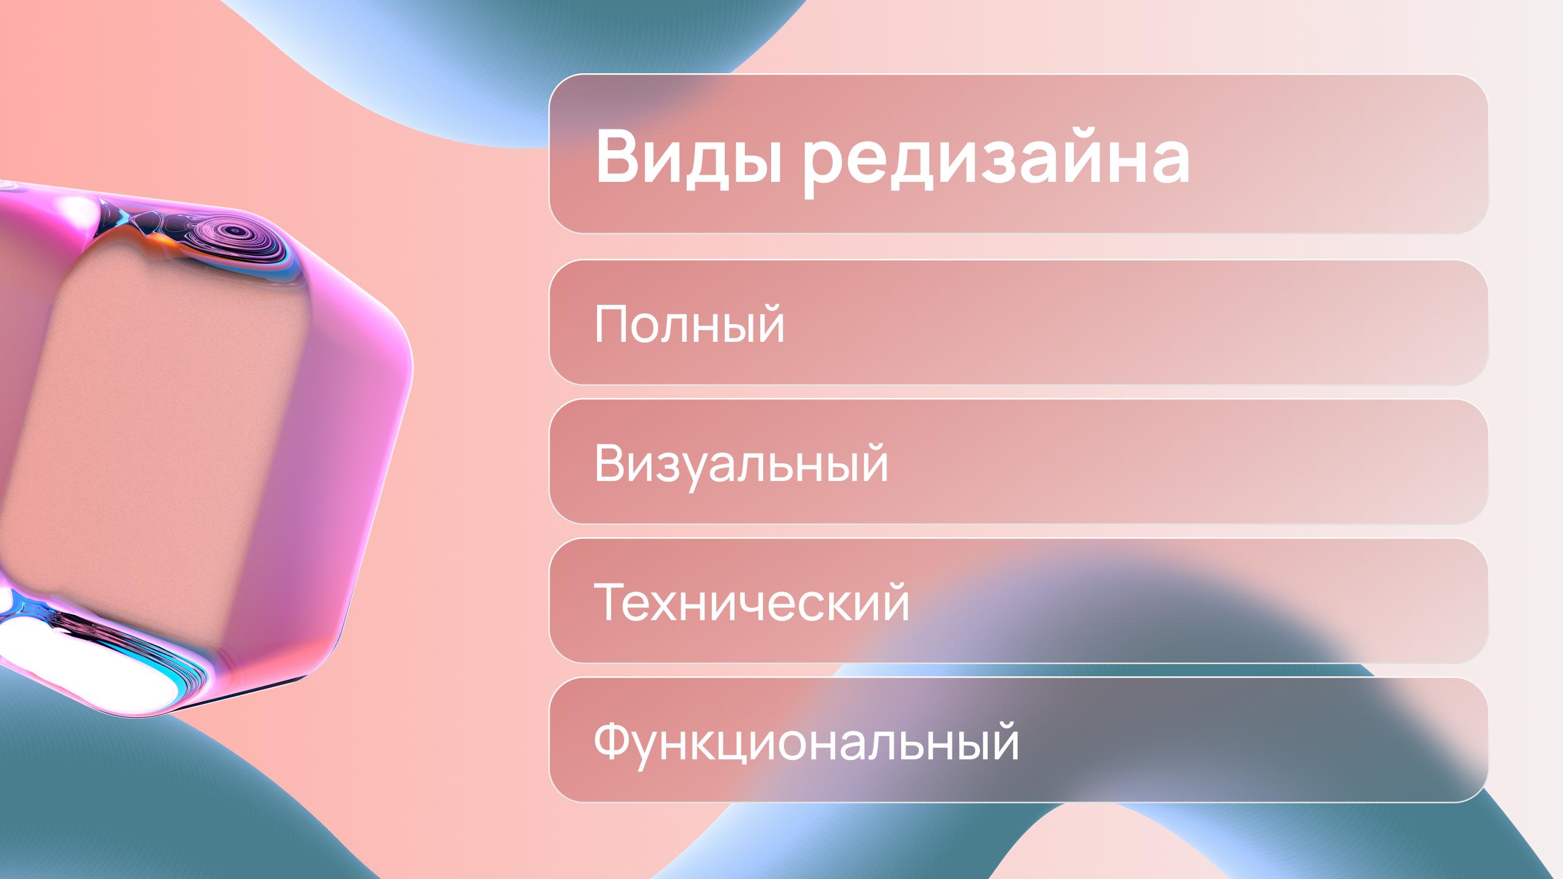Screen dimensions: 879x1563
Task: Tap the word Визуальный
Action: [741, 465]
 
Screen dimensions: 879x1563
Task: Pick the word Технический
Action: [751, 603]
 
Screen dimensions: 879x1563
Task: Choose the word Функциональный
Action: [806, 743]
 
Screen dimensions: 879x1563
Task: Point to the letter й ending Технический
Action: [893, 601]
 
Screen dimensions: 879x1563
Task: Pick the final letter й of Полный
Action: [769, 324]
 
